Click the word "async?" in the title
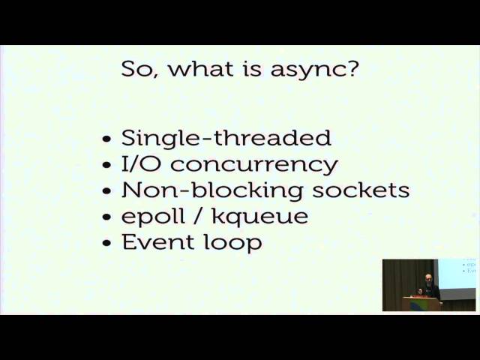[x=314, y=70]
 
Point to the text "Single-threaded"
[x=226, y=138]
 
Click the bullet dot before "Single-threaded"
[x=106, y=139]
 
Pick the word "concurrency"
[x=254, y=166]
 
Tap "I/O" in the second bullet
[x=141, y=163]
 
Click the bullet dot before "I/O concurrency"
[x=106, y=165]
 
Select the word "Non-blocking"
[x=212, y=191]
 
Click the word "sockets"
[x=361, y=190]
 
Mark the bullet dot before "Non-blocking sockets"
[x=106, y=191]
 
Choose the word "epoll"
[x=153, y=217]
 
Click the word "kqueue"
[x=260, y=217]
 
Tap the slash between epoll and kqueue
[x=199, y=216]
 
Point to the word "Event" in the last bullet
[x=158, y=241]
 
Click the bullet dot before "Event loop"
[x=106, y=243]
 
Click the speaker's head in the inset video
[x=427, y=279]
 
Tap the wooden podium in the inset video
[x=421, y=304]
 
